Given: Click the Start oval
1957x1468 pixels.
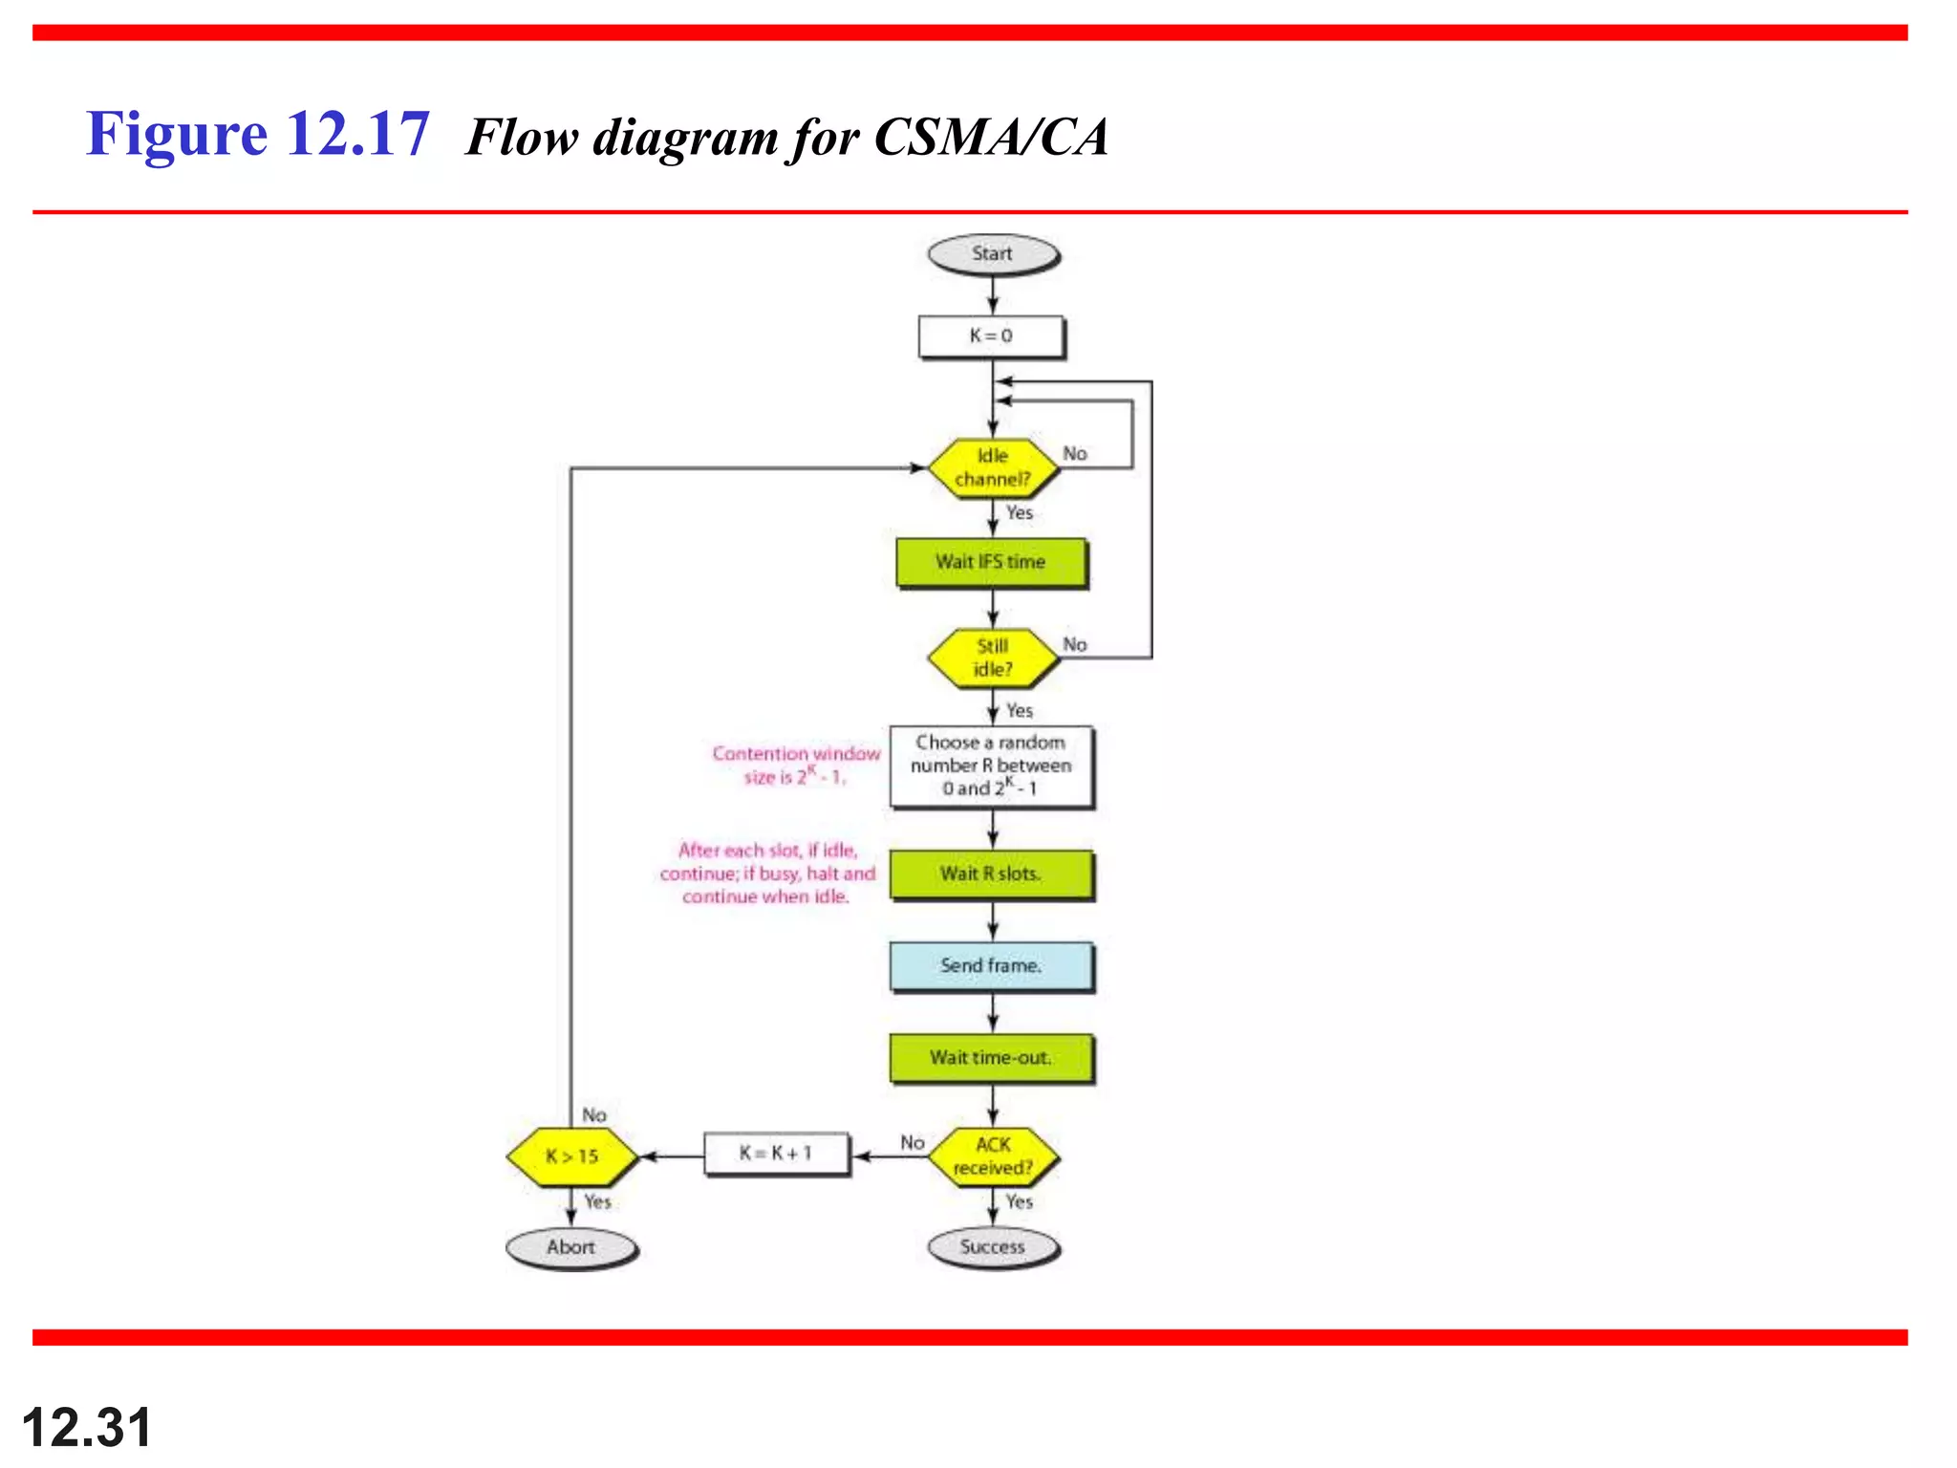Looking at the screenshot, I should click(x=992, y=254).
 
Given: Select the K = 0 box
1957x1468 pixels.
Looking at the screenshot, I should click(x=991, y=336).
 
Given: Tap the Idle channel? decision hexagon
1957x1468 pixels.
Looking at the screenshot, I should click(x=993, y=467).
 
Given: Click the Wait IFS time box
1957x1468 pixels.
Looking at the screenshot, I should click(x=991, y=562).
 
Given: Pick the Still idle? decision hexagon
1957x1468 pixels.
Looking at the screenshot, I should click(x=993, y=658).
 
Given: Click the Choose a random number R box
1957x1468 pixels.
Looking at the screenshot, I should click(x=991, y=766).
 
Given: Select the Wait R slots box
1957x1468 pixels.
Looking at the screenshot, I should click(x=991, y=874).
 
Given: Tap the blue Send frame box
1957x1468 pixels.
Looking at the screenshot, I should click(x=991, y=966).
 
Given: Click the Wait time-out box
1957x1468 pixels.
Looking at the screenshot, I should click(x=991, y=1058).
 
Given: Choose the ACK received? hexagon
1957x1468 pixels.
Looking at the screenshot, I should click(x=993, y=1156).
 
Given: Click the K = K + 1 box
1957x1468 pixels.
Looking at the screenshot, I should click(x=776, y=1154).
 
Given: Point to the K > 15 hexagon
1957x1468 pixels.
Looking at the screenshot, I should click(x=571, y=1156).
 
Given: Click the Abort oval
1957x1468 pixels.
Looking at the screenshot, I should click(x=570, y=1247).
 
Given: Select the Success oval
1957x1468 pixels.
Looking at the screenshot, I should click(x=992, y=1247).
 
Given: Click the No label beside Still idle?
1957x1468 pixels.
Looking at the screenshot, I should click(x=1075, y=644).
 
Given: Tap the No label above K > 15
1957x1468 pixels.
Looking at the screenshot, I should click(x=594, y=1115).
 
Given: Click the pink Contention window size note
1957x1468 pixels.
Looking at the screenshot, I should click(x=796, y=765).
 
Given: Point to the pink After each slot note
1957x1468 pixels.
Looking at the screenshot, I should click(x=767, y=874).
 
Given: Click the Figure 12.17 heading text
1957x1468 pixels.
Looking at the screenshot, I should click(x=258, y=134).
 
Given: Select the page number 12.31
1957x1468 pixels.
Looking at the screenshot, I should click(x=87, y=1428).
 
